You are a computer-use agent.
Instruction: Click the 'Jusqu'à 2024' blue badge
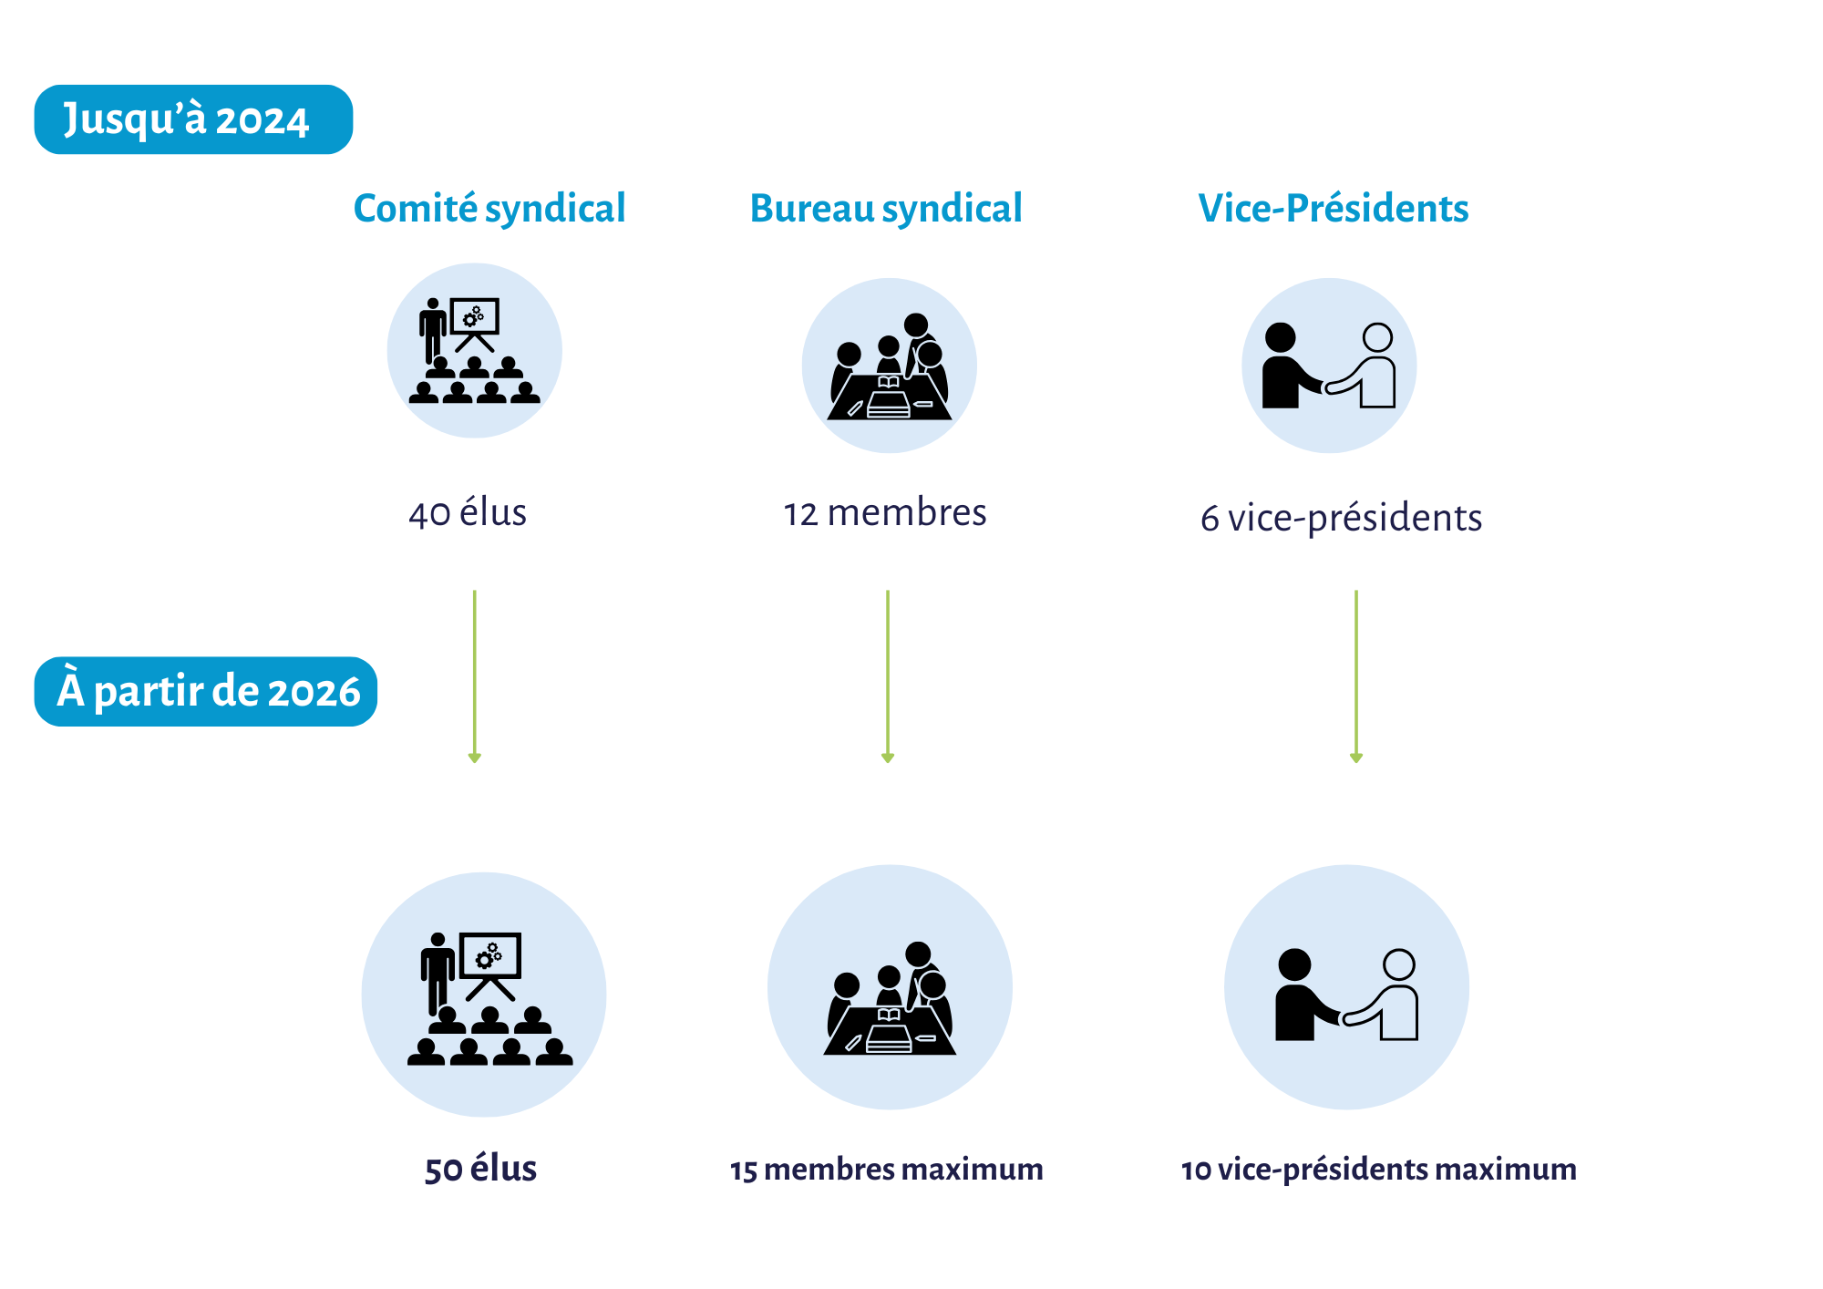click(x=193, y=119)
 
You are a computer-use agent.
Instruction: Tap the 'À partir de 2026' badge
click(x=206, y=691)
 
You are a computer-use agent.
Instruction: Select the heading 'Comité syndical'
click(x=489, y=209)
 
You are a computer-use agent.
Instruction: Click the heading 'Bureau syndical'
click(x=886, y=209)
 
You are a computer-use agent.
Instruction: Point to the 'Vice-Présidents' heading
click(x=1333, y=209)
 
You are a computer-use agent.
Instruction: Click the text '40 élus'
click(x=468, y=513)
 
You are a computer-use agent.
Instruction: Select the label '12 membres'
click(x=885, y=513)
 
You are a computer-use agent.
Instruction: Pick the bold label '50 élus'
click(x=480, y=1169)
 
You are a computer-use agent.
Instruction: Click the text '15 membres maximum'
click(x=886, y=1170)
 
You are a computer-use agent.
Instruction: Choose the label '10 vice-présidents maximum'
click(x=1378, y=1170)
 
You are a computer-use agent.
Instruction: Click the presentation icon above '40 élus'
click(x=474, y=351)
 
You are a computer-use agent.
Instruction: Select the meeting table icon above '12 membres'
click(x=889, y=366)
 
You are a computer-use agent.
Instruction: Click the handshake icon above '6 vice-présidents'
click(x=1329, y=366)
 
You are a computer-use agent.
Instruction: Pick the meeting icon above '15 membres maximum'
click(x=890, y=988)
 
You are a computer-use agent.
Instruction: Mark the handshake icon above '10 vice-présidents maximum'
click(x=1346, y=988)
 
